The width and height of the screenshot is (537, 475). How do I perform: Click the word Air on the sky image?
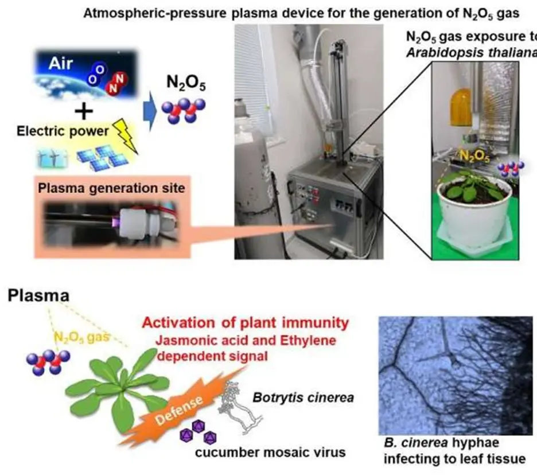click(61, 63)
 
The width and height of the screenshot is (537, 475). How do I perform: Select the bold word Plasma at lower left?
click(40, 297)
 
